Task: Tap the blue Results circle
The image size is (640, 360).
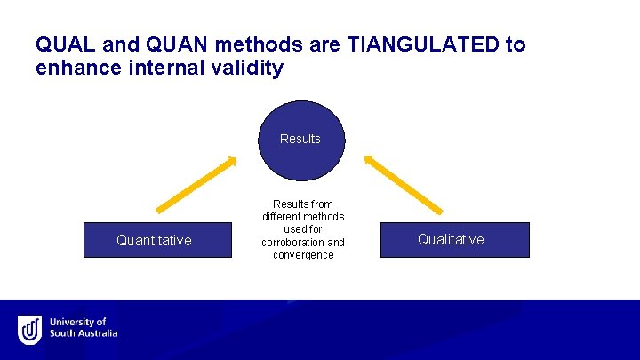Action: pyautogui.click(x=300, y=139)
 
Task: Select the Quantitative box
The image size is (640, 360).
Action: pyautogui.click(x=154, y=240)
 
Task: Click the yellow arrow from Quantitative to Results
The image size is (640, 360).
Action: pyautogui.click(x=196, y=185)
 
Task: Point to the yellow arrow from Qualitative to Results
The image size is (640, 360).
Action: pyautogui.click(x=404, y=185)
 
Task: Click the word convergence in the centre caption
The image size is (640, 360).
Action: pyautogui.click(x=303, y=255)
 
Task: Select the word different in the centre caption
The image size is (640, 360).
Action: pyautogui.click(x=283, y=217)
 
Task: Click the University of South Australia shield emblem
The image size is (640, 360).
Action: pyautogui.click(x=29, y=329)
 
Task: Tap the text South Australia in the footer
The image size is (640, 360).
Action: pyautogui.click(x=84, y=334)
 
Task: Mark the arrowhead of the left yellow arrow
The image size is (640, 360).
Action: pyautogui.click(x=231, y=162)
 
